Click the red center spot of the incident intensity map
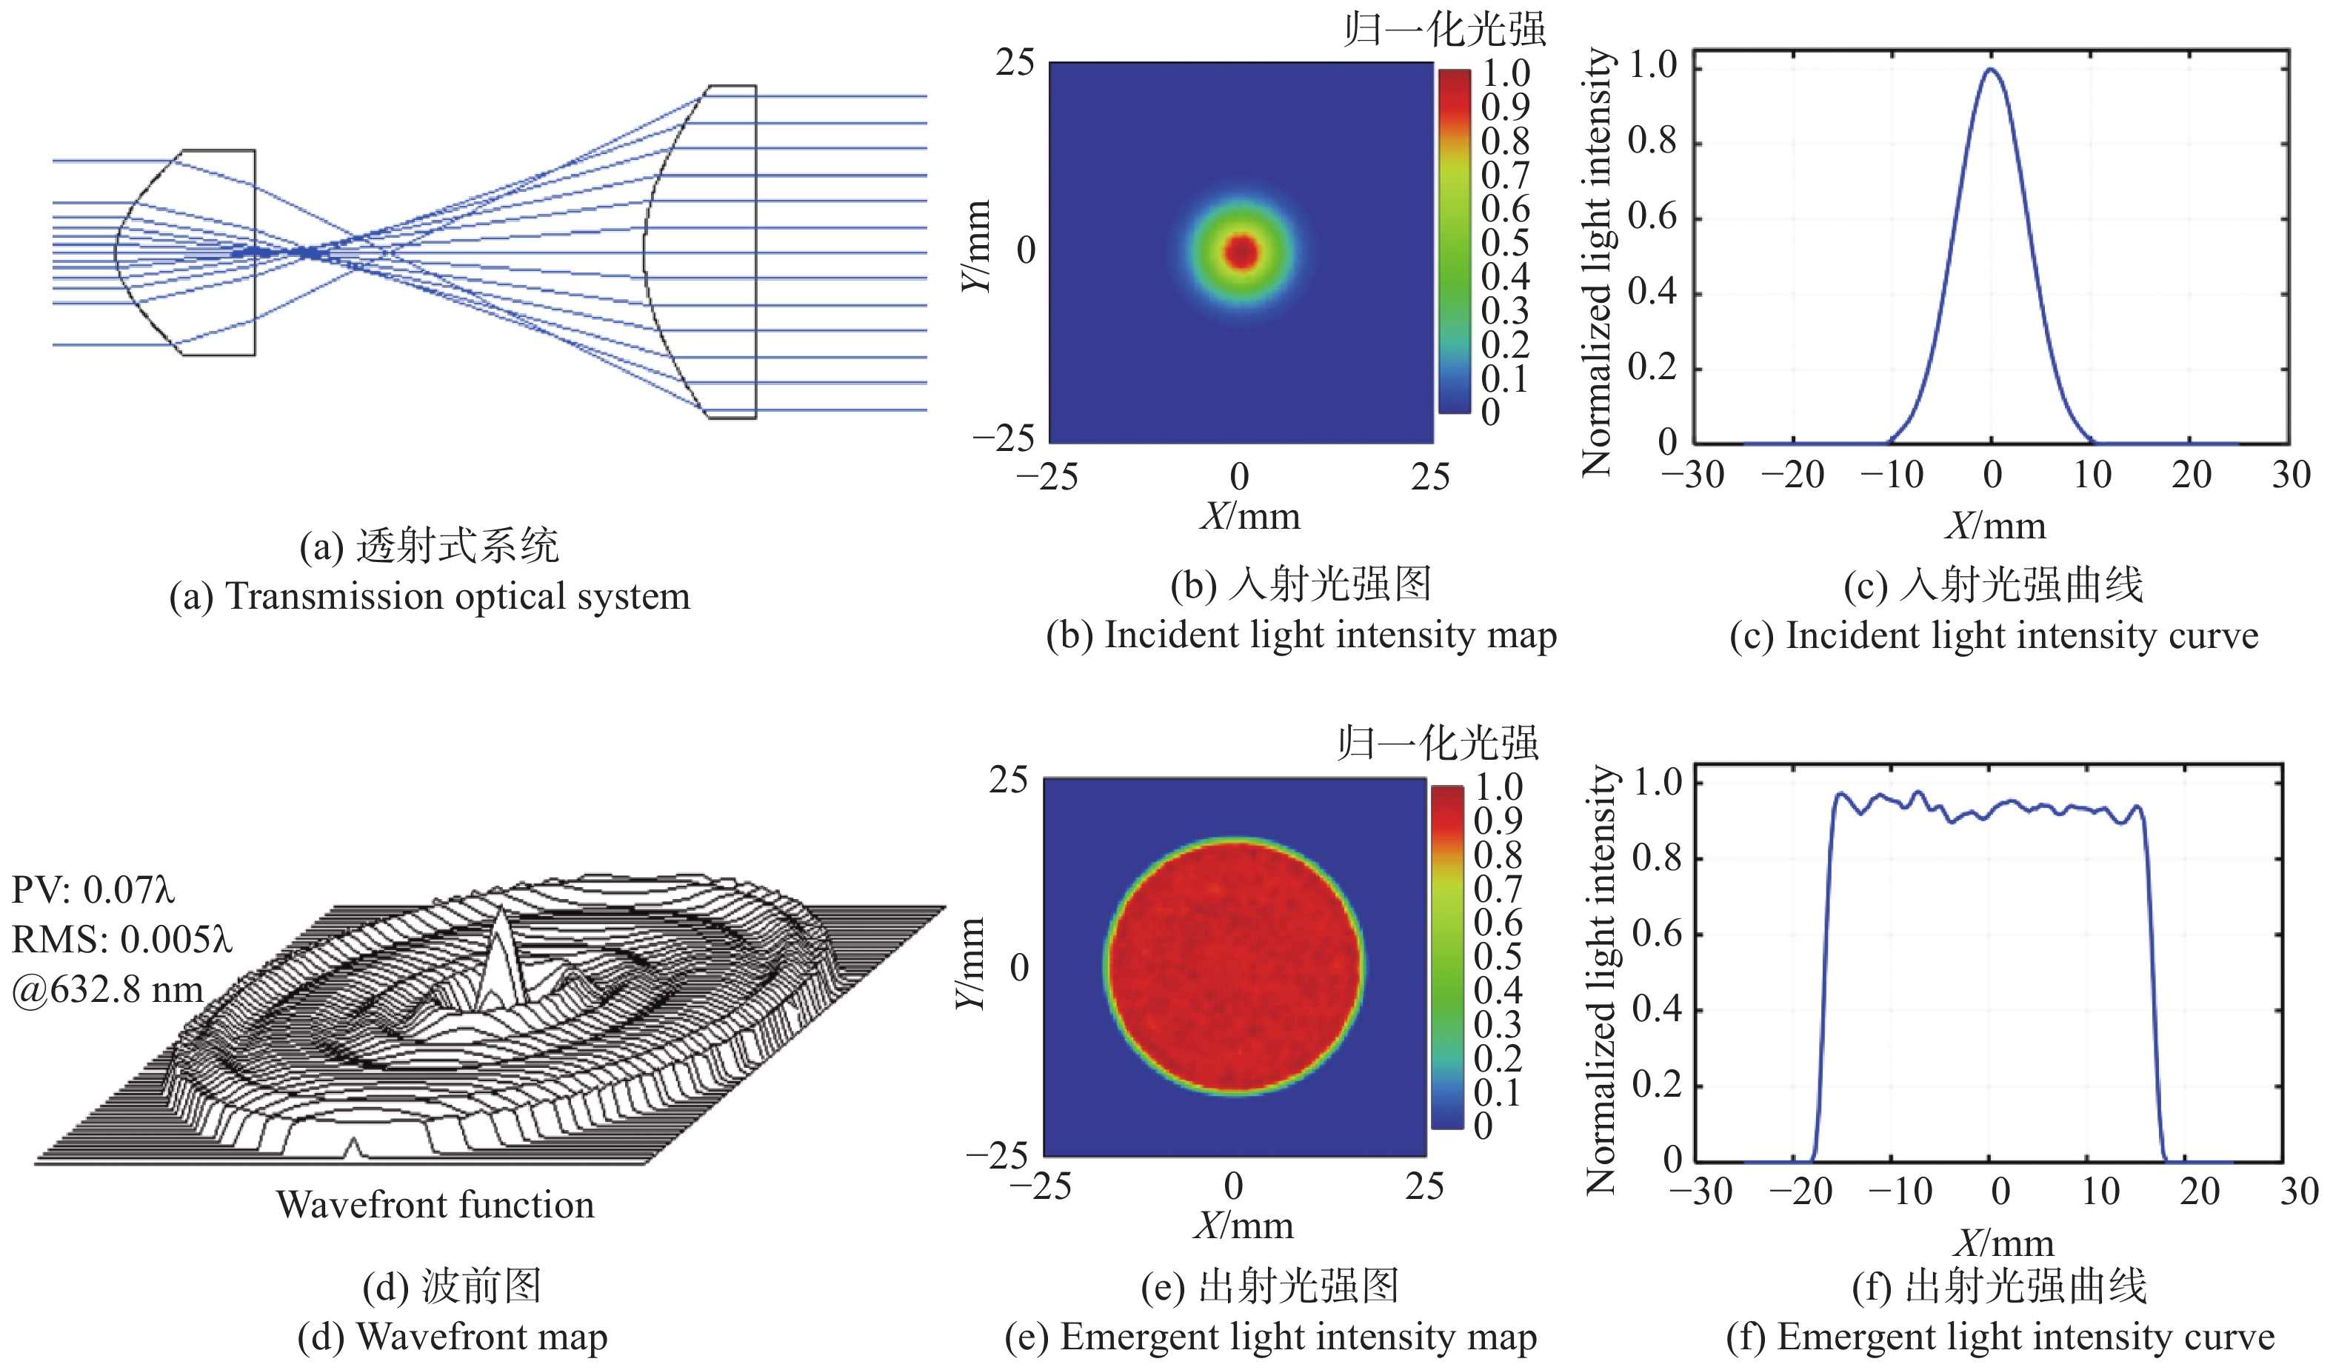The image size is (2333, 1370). pos(1241,251)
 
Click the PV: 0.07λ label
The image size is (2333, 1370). pos(93,889)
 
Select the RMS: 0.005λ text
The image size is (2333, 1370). pos(121,940)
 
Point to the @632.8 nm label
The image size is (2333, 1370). pos(107,989)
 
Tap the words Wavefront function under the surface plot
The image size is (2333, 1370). pos(435,1204)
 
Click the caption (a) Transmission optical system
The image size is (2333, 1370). pos(430,596)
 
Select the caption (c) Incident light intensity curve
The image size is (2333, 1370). pos(1994,636)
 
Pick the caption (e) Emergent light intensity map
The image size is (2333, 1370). pos(1271,1337)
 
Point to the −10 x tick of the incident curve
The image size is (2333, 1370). pos(1892,475)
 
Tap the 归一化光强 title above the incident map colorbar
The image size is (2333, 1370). pos(1445,30)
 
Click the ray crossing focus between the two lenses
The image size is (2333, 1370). pos(305,251)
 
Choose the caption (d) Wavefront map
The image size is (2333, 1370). pos(453,1337)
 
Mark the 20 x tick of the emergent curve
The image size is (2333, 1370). pos(2200,1192)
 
